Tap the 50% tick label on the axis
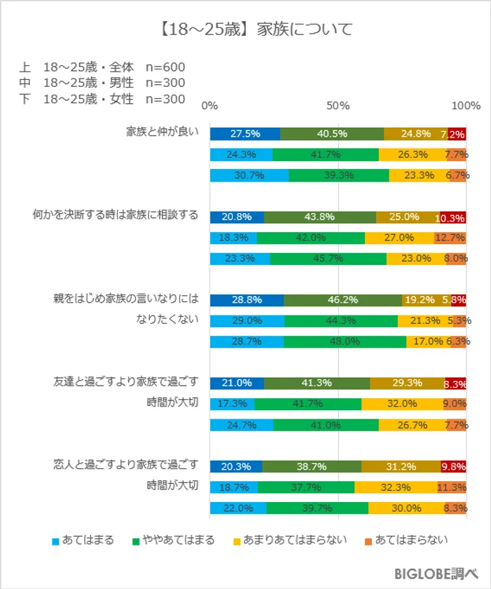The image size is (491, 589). tap(338, 106)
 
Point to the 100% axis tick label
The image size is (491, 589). tap(466, 106)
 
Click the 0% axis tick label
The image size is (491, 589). tap(209, 106)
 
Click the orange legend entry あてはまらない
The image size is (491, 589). tap(406, 540)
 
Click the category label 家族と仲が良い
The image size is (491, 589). tap(162, 130)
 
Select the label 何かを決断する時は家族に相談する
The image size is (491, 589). tap(116, 214)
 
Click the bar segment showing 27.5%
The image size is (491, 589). tap(245, 134)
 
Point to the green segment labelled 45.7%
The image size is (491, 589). tap(328, 259)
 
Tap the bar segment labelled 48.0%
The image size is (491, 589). tap(345, 341)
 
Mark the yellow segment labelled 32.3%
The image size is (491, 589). tap(396, 487)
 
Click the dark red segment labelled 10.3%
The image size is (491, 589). tap(452, 217)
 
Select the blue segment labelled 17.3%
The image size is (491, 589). tap(232, 404)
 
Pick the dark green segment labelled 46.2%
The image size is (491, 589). tap(343, 300)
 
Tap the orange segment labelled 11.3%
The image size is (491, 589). tap(452, 487)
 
